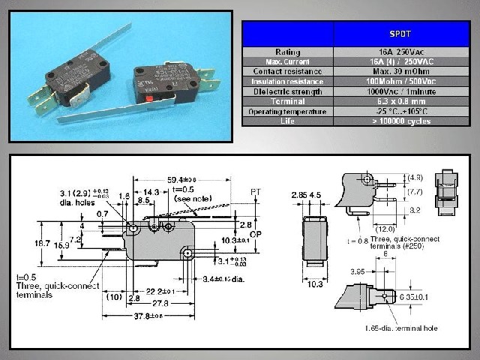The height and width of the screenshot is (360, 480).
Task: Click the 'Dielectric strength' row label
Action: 288,90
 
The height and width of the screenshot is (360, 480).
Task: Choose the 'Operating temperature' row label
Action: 288,110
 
